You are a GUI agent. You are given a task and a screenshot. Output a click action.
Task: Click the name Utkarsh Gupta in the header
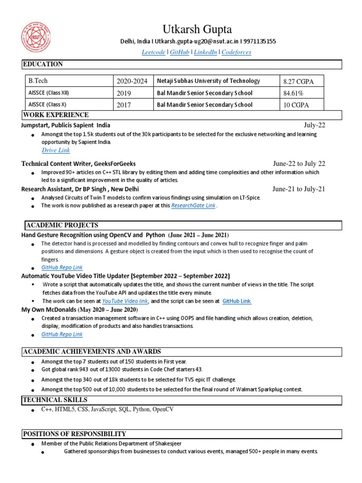click(x=197, y=30)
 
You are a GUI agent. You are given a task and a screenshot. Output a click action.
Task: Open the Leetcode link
click(x=154, y=52)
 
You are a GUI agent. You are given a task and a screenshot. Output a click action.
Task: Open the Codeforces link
click(x=236, y=52)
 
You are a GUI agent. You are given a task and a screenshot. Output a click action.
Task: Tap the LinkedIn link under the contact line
click(x=205, y=52)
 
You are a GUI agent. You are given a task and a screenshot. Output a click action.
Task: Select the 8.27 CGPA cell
click(x=298, y=82)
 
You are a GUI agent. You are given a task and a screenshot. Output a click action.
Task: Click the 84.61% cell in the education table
click(x=293, y=93)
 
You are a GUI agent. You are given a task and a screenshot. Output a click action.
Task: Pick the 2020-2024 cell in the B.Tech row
click(x=132, y=82)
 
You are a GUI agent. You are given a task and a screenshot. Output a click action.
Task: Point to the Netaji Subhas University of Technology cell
click(x=208, y=81)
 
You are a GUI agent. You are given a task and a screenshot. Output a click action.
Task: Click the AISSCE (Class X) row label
click(x=49, y=105)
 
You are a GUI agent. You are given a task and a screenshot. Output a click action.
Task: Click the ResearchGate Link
click(x=193, y=206)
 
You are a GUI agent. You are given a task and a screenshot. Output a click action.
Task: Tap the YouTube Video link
click(x=125, y=300)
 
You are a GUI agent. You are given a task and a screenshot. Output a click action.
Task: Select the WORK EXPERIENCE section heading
click(x=56, y=115)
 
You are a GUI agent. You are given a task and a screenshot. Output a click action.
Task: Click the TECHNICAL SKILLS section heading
click(x=55, y=400)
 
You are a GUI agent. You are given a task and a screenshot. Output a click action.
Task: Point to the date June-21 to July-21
click(x=299, y=189)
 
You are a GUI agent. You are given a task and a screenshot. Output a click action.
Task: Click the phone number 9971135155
click(x=259, y=42)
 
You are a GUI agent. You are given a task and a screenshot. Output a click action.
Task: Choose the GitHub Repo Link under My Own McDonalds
click(x=62, y=334)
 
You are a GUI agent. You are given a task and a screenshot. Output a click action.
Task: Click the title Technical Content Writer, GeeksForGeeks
click(x=78, y=164)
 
